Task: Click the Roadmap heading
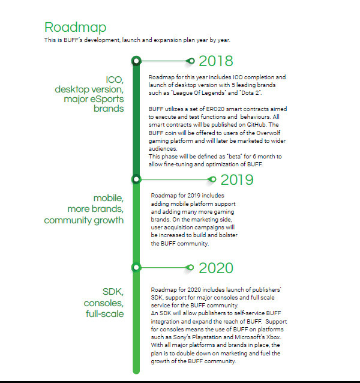76,27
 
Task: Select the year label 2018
215,61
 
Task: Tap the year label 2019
237,179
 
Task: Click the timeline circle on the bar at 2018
137,61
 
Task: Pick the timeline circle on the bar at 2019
137,179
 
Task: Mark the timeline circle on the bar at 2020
137,267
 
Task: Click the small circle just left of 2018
191,61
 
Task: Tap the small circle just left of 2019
212,179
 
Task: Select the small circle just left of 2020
191,267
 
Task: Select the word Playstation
200,338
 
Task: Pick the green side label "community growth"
84,220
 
